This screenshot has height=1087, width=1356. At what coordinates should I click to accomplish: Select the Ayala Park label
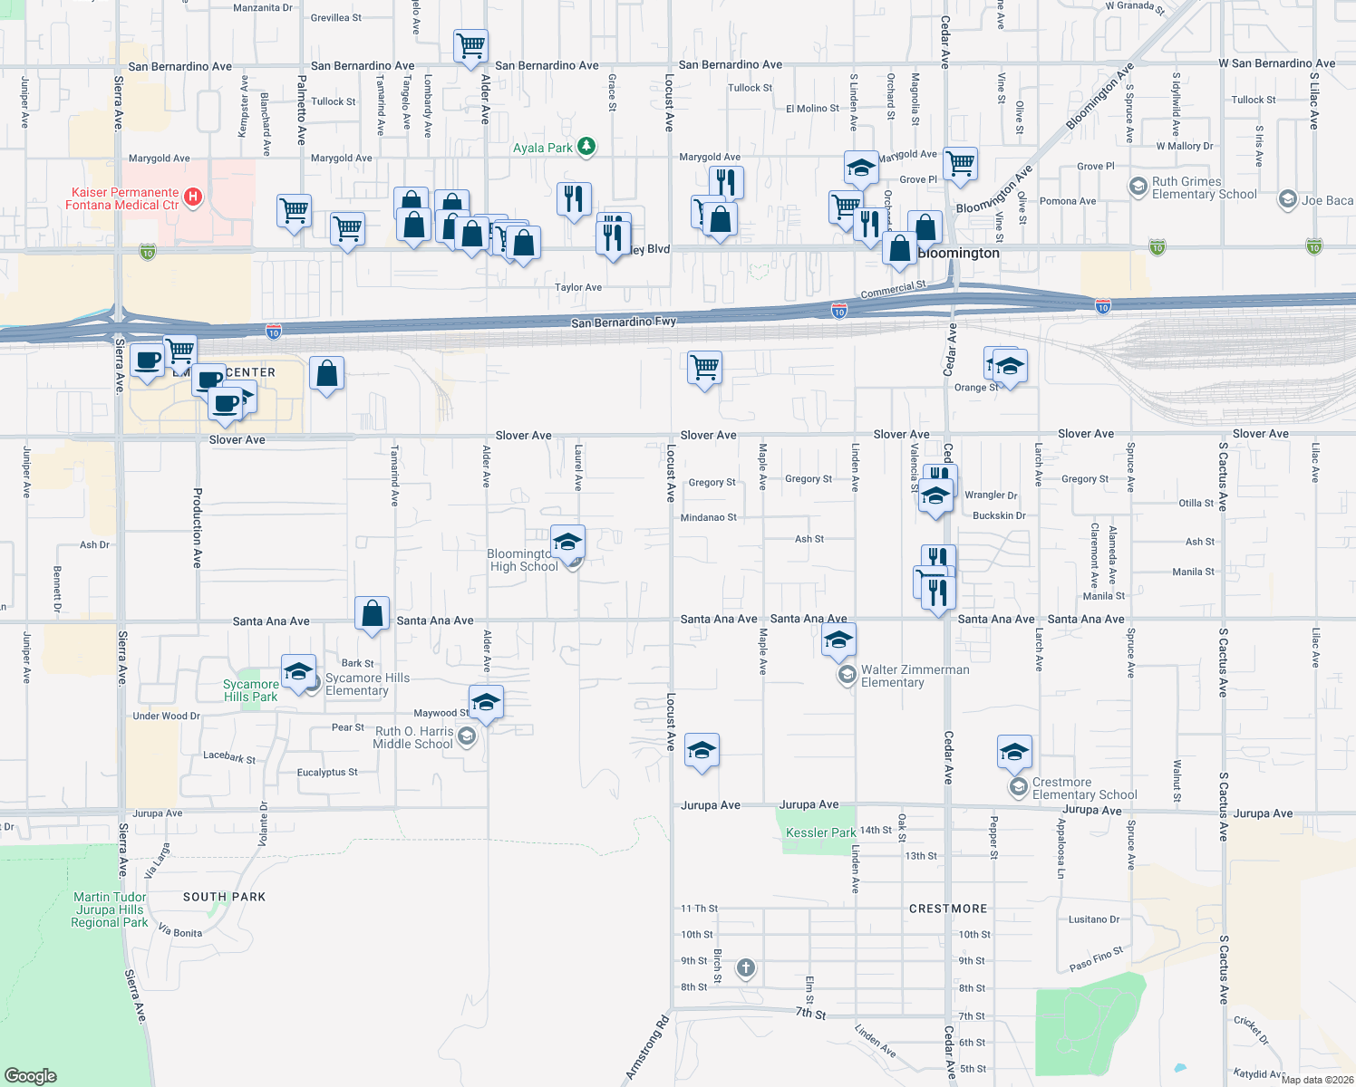point(543,148)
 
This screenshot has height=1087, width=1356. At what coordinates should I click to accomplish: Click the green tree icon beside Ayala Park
point(586,147)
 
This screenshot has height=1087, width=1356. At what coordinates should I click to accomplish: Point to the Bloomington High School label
point(523,561)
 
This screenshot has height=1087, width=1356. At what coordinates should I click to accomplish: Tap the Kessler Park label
point(820,832)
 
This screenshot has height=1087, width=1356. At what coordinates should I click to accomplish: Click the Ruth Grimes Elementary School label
point(1204,188)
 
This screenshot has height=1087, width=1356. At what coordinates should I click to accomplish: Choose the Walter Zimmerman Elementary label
point(915,676)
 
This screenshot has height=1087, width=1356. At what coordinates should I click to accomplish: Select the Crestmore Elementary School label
point(1084,788)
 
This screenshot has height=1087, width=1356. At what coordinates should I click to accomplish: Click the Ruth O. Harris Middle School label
point(413,737)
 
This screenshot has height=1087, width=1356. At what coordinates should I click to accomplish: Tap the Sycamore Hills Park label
point(251,690)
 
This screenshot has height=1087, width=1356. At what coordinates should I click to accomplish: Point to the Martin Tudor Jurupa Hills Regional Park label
point(110,909)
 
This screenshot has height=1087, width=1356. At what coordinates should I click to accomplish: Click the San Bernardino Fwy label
point(624,322)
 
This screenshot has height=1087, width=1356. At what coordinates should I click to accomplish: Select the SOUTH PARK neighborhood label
point(224,897)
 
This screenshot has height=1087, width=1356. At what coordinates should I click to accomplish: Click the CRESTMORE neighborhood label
point(947,909)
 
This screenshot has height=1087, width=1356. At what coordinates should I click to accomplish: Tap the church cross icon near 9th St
point(745,968)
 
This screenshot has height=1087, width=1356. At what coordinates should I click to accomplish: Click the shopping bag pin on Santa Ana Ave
point(372,613)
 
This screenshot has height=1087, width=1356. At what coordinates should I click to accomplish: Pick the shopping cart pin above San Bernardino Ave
point(470,44)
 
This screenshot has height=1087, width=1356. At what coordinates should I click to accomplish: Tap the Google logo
point(30,1075)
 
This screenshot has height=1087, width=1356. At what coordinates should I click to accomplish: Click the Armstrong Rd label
point(647,1048)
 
